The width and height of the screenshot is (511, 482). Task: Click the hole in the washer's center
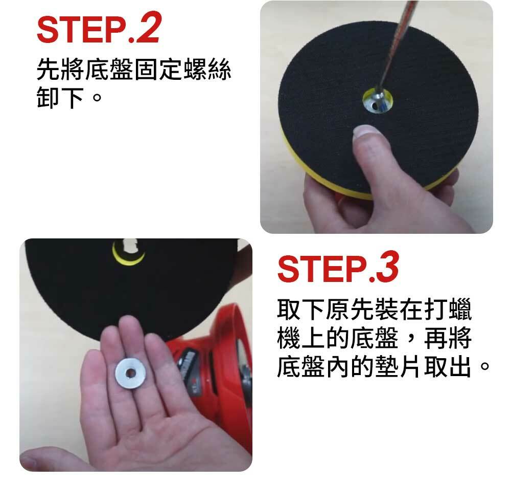131,373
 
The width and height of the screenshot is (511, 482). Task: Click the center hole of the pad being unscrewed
378,101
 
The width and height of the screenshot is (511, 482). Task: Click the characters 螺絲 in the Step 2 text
207,69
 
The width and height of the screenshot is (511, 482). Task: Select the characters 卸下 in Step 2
60,97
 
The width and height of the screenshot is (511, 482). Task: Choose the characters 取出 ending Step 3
448,366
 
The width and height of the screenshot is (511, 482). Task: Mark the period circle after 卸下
97,97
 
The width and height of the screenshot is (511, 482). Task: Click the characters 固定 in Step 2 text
158,69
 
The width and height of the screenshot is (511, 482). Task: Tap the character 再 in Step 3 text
436,338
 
